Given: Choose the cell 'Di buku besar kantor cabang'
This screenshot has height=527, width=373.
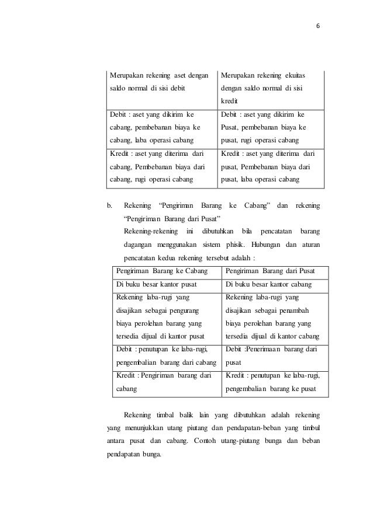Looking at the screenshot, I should tap(268, 285).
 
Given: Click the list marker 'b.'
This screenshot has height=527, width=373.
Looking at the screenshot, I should tap(109, 205).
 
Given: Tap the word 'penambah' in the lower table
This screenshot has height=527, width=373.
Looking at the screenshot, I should tap(292, 310).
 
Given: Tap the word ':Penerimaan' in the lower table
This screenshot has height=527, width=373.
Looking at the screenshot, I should tap(261, 349).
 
